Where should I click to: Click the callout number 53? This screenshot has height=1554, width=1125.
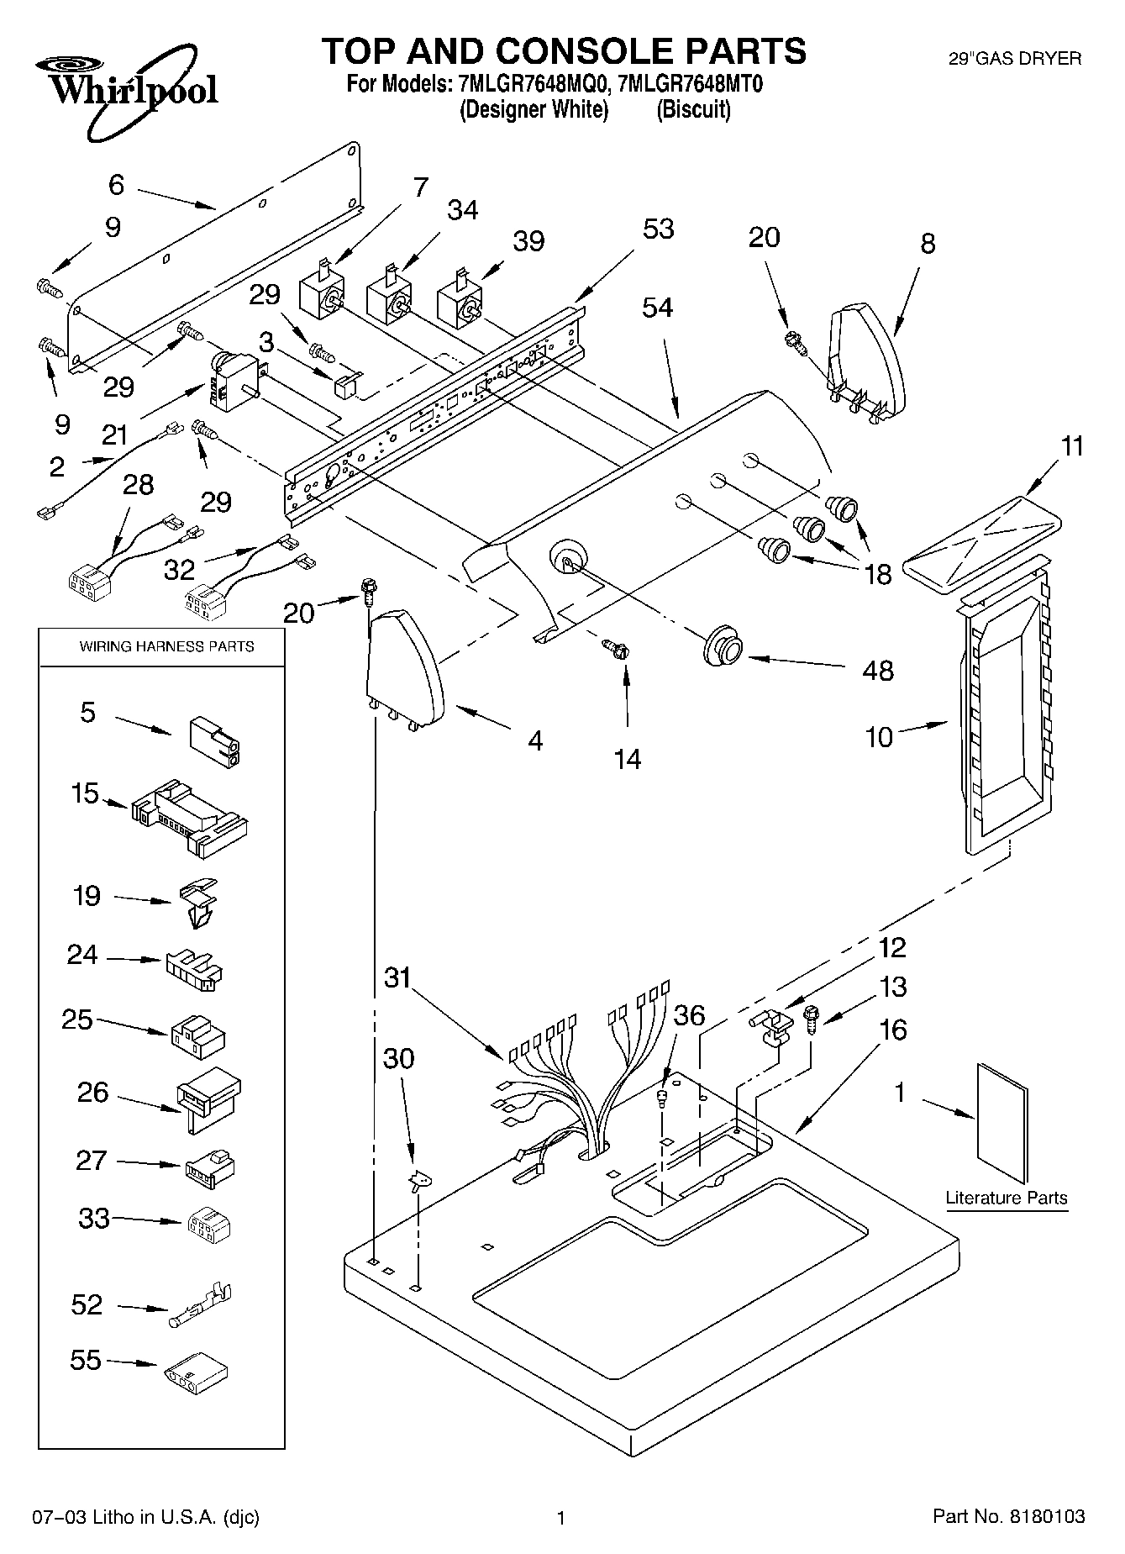(x=658, y=229)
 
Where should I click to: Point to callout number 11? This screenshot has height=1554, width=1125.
(x=1072, y=446)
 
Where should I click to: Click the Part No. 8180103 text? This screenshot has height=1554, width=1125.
(x=1008, y=1517)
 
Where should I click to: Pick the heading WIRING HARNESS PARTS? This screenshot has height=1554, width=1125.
(x=166, y=646)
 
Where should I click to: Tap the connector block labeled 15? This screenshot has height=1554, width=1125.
(x=189, y=818)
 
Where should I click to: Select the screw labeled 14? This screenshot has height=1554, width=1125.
(x=618, y=649)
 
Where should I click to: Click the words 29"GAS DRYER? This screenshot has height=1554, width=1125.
(x=1014, y=59)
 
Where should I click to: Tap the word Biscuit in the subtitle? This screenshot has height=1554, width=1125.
(x=693, y=110)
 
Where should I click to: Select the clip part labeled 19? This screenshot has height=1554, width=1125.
(x=198, y=902)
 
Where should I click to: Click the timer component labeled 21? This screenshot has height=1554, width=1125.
(x=232, y=382)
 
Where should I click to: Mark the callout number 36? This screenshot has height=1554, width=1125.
(x=689, y=1015)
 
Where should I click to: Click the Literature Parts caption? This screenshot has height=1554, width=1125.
(x=1006, y=1198)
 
